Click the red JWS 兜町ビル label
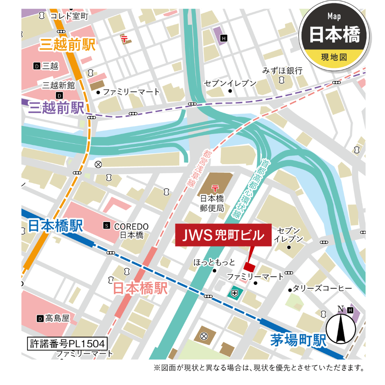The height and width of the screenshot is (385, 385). click(x=224, y=235)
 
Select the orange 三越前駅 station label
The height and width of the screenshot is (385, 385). click(x=67, y=45)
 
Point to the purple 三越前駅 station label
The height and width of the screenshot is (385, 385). click(x=57, y=108)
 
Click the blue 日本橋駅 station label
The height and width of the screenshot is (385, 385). click(x=56, y=225)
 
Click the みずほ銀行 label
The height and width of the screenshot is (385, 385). click(x=283, y=70)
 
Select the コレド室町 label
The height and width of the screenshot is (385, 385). click(x=69, y=16)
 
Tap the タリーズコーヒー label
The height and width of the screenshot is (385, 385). click(x=322, y=288)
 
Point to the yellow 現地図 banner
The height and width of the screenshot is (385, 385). click(x=334, y=57)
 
